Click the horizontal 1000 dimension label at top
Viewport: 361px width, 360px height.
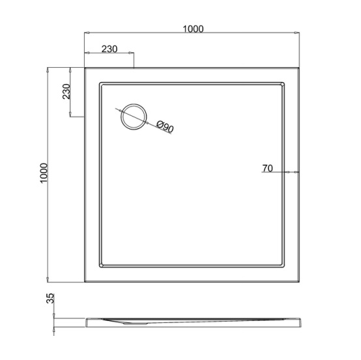point(193,29)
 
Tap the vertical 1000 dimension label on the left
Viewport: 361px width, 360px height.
point(44,173)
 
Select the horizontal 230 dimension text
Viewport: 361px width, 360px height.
point(109,49)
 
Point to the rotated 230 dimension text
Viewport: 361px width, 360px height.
point(66,91)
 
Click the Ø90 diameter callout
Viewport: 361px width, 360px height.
point(165,126)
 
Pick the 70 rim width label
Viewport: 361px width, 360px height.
point(268,168)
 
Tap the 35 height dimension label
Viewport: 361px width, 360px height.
point(50,298)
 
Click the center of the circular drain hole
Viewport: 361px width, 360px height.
point(134,117)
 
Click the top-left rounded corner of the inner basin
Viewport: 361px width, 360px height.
point(100,83)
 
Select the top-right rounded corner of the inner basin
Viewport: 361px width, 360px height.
point(283,83)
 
